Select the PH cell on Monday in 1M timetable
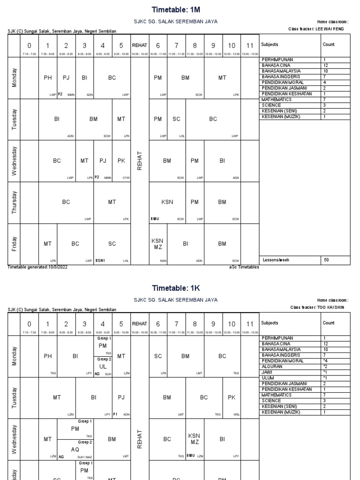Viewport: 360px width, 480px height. (x=48, y=78)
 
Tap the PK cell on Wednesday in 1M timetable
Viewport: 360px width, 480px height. (x=121, y=161)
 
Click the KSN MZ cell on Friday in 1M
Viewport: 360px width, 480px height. (x=158, y=244)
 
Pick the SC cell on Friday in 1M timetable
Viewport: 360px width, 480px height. (x=112, y=244)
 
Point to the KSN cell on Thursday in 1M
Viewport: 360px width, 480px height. (x=167, y=202)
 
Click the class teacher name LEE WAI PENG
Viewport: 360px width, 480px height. (x=330, y=29)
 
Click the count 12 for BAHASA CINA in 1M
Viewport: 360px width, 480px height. (x=325, y=65)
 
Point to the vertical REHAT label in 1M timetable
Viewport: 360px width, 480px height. (x=139, y=161)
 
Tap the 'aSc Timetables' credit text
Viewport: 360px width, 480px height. (x=244, y=267)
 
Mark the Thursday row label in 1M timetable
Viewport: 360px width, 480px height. (x=14, y=202)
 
